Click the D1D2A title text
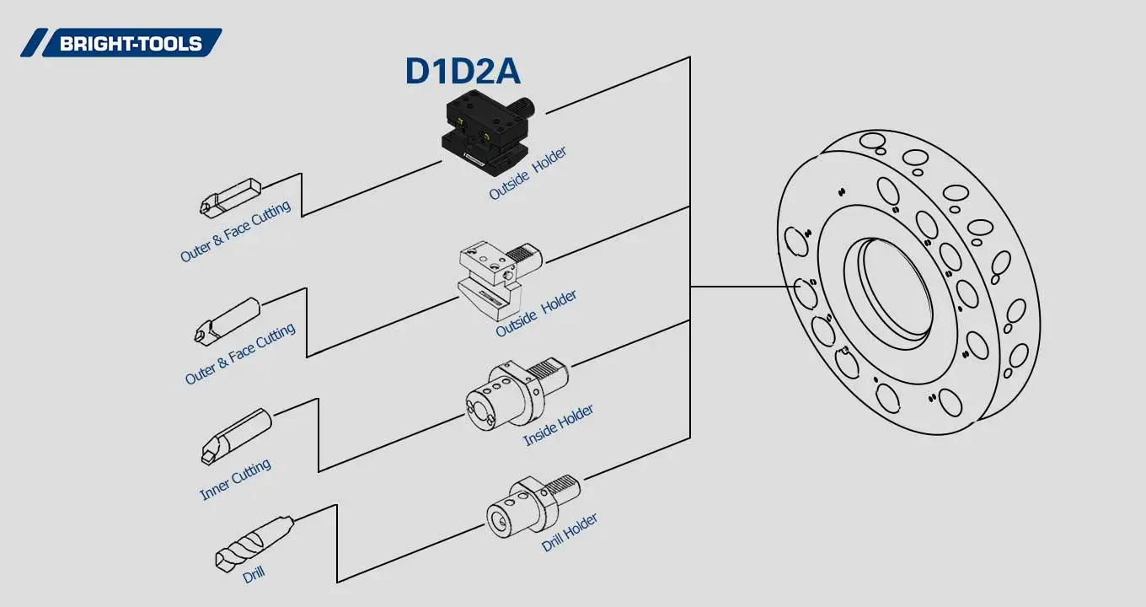tap(463, 72)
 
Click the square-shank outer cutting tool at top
tap(229, 196)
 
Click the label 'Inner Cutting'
tap(235, 480)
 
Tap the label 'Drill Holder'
tap(570, 532)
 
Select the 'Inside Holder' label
tap(558, 425)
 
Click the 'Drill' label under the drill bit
tap(254, 575)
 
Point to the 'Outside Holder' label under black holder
tap(527, 174)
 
